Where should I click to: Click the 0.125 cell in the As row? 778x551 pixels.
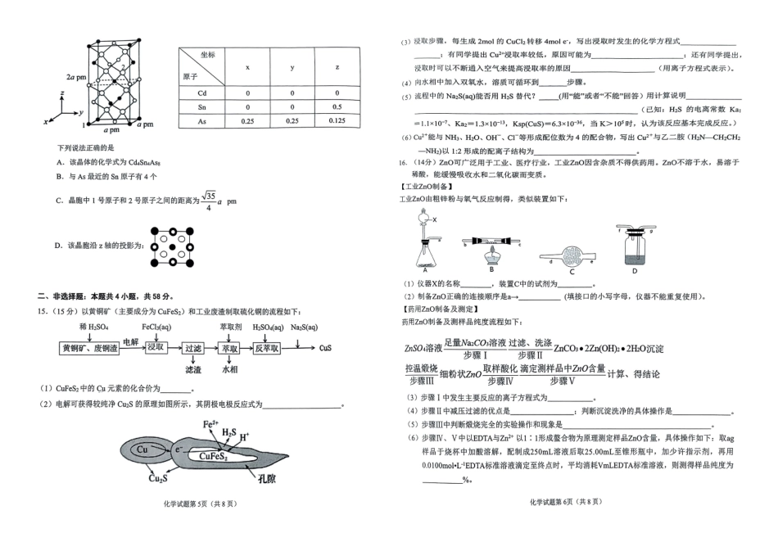click(338, 121)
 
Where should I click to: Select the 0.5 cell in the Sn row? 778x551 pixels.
click(338, 107)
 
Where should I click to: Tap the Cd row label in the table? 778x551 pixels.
click(202, 93)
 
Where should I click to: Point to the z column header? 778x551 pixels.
click(338, 67)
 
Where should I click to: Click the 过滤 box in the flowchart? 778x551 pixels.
click(193, 347)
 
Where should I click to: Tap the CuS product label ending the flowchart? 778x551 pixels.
click(325, 347)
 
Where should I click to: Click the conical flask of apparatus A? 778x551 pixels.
click(425, 259)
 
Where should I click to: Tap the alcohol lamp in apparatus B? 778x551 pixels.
click(492, 256)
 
